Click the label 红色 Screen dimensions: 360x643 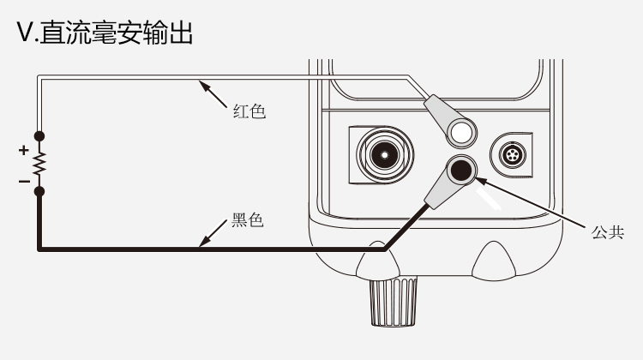[249, 111]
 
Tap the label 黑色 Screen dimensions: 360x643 [248, 220]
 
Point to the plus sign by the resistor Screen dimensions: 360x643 [23, 150]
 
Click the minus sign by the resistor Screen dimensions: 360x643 [23, 181]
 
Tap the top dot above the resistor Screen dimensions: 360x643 [39, 136]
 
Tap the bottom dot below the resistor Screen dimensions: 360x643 [39, 191]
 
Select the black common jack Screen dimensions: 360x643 [461, 170]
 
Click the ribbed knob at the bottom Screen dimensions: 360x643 [394, 301]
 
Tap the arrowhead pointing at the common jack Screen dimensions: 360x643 [479, 180]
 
